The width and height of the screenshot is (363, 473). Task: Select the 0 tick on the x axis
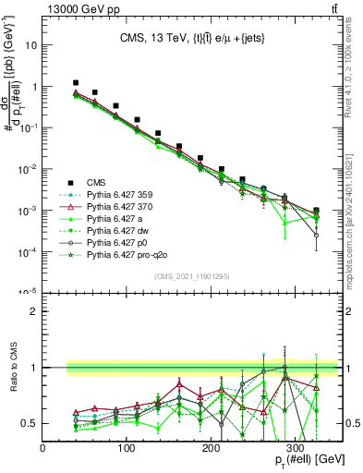coord(42,449)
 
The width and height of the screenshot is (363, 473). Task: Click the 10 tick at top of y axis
coord(31,44)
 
